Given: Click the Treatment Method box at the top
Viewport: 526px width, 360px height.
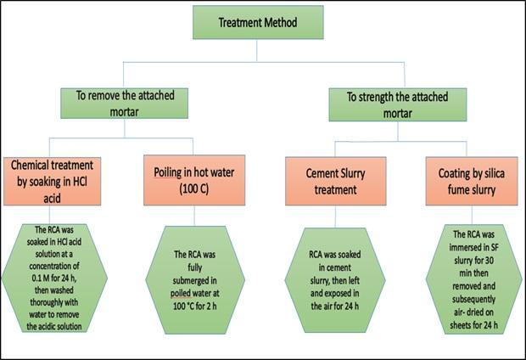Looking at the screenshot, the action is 258,22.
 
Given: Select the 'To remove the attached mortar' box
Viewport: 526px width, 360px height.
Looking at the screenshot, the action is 124,103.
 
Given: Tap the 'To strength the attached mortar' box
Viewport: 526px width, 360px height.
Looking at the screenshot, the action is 398,104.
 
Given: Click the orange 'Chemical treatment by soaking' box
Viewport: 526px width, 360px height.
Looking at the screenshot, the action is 52,181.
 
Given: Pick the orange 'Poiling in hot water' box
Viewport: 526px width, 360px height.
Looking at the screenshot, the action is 194,180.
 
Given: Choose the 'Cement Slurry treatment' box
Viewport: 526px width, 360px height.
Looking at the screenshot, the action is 335,181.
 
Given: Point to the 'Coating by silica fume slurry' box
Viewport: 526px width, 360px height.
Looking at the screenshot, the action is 472,181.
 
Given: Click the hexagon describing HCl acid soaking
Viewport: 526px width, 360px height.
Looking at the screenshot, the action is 54,278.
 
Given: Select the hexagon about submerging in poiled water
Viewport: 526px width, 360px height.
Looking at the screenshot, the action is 195,280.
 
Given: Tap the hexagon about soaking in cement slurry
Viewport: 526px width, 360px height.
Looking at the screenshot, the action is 335,280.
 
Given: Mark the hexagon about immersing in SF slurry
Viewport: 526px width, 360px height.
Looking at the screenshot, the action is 473,279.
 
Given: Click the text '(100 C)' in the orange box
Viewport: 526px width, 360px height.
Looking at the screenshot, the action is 194,188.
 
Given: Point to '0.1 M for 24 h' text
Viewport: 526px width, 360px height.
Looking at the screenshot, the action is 54,278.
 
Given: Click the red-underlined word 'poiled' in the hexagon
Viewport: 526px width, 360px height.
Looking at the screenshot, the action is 181,293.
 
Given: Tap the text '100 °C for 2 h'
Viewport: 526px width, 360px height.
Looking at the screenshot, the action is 195,306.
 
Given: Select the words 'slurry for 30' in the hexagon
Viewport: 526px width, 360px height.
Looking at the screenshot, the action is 473,261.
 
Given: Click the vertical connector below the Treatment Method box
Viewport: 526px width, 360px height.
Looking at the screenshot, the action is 257,50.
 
